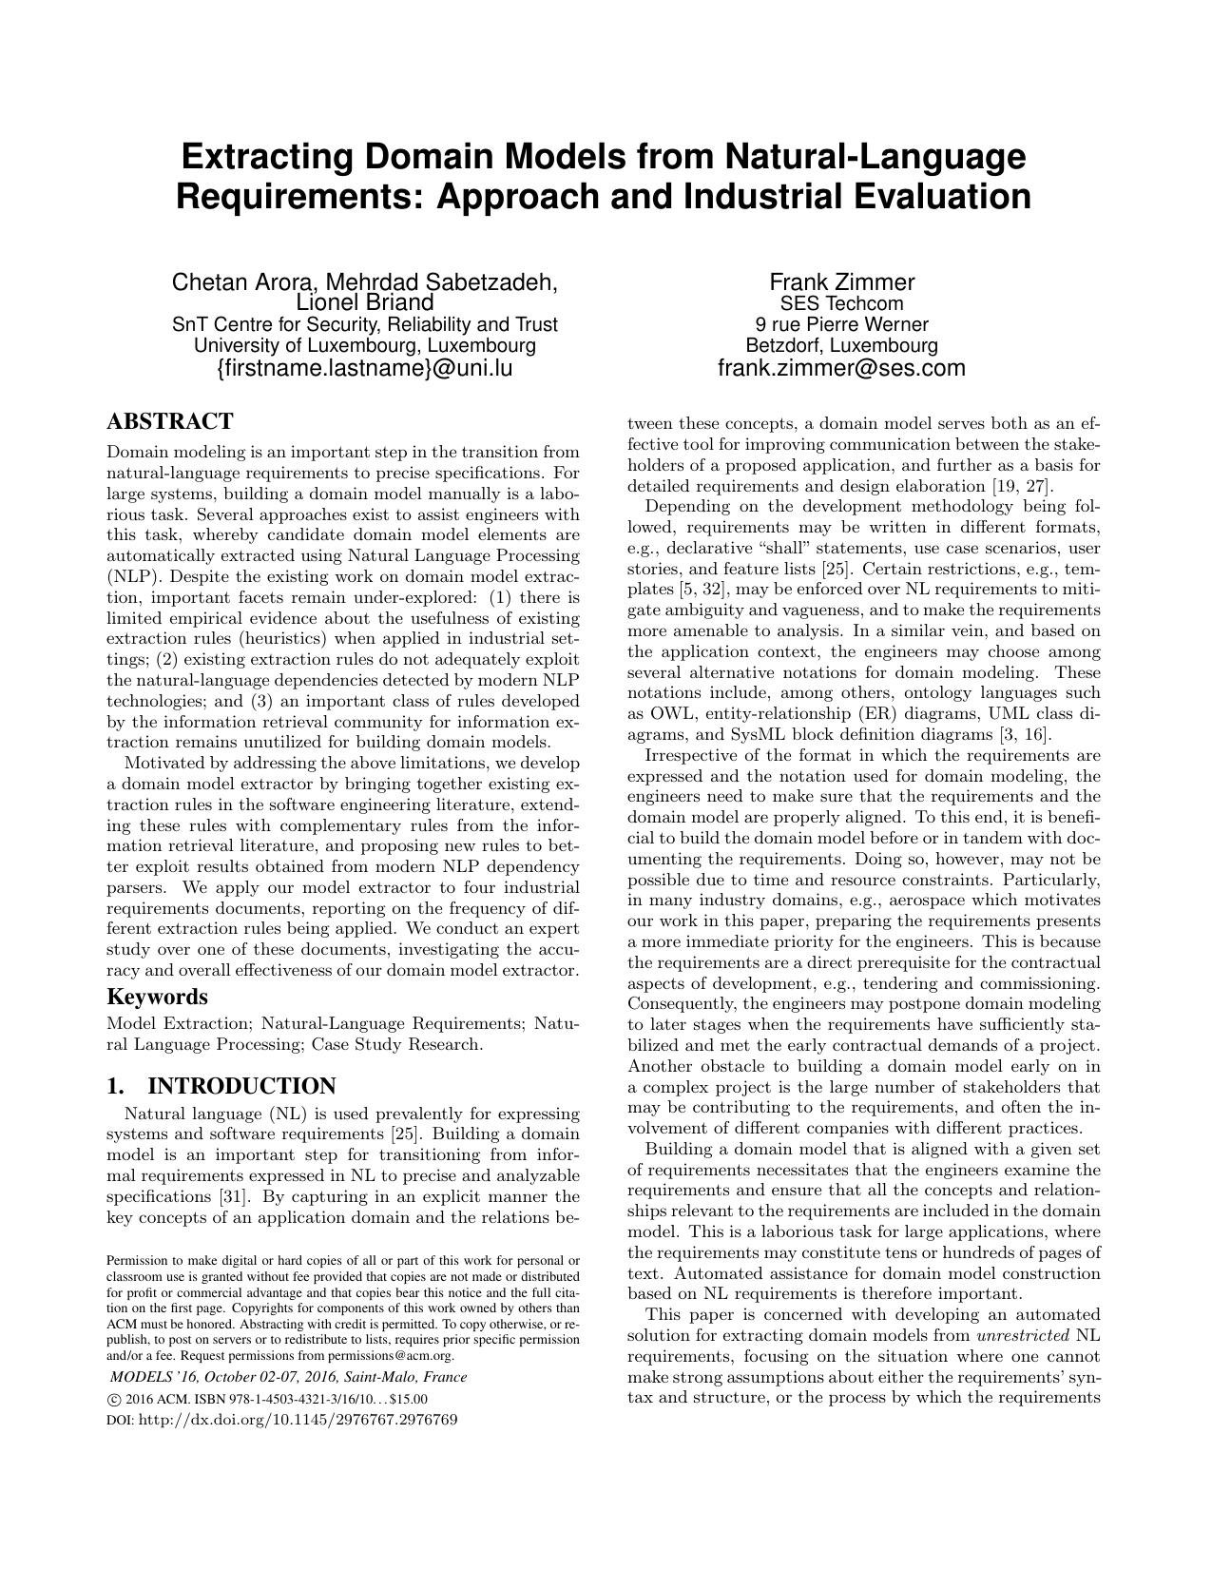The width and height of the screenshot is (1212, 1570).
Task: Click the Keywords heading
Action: (x=157, y=997)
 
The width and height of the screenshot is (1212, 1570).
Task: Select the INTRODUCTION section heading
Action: (x=242, y=1086)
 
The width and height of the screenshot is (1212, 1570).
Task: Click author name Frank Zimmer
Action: (x=841, y=282)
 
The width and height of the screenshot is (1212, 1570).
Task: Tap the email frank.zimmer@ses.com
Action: (x=841, y=368)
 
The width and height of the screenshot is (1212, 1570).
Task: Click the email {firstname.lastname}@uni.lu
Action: (x=365, y=368)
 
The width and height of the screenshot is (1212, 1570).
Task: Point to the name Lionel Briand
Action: (x=365, y=303)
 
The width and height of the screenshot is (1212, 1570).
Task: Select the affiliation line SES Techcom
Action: (x=841, y=304)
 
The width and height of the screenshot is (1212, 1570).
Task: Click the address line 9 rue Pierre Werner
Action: (x=841, y=325)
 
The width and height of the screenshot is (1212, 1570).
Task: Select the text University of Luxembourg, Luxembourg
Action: (x=365, y=345)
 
